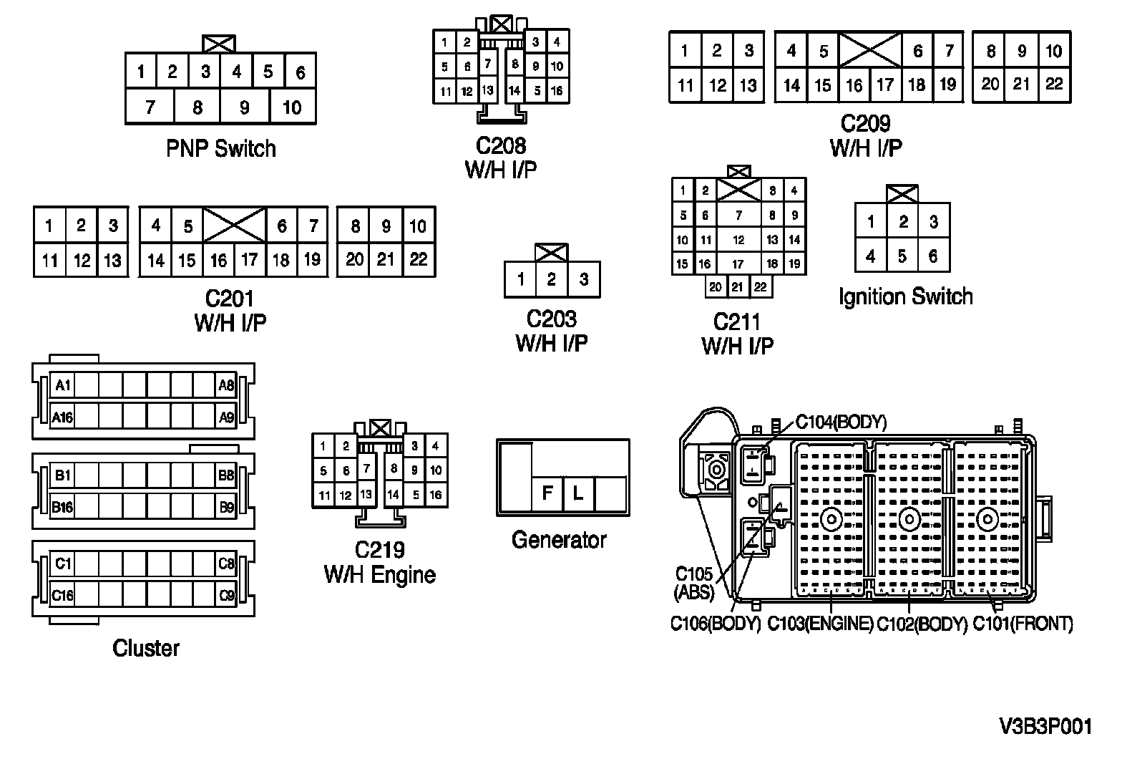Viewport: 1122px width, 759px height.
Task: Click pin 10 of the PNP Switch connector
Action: pyautogui.click(x=292, y=107)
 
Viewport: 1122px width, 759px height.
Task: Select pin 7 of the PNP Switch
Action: pyautogui.click(x=150, y=107)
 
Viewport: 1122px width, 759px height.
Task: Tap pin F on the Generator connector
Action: pyautogui.click(x=547, y=493)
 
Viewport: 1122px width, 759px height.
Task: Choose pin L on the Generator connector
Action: pyautogui.click(x=578, y=493)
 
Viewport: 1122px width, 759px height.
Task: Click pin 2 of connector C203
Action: pyautogui.click(x=552, y=279)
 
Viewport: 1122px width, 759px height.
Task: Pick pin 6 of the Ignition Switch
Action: pyautogui.click(x=933, y=256)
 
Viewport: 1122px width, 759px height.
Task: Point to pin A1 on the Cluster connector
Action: pyautogui.click(x=62, y=386)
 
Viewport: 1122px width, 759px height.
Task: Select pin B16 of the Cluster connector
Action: pyautogui.click(x=62, y=508)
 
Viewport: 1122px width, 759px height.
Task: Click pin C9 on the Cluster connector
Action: pyautogui.click(x=226, y=595)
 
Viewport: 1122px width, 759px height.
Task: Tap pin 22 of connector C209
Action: pyautogui.click(x=1054, y=84)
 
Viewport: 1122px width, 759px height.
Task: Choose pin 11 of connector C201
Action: pyautogui.click(x=49, y=260)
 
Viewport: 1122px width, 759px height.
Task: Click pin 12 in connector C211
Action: pyautogui.click(x=738, y=241)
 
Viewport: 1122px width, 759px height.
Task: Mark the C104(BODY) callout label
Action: pyautogui.click(x=841, y=422)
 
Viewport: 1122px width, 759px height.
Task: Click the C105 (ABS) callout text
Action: pyautogui.click(x=694, y=583)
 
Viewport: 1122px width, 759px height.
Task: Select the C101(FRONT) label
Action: pyautogui.click(x=1023, y=624)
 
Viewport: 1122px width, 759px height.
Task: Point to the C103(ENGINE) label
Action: pyautogui.click(x=820, y=624)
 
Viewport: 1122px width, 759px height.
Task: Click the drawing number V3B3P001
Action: pyautogui.click(x=1045, y=727)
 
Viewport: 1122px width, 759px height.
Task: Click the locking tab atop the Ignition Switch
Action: pyautogui.click(x=902, y=194)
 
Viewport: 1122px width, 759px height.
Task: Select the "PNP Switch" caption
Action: pyautogui.click(x=220, y=149)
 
